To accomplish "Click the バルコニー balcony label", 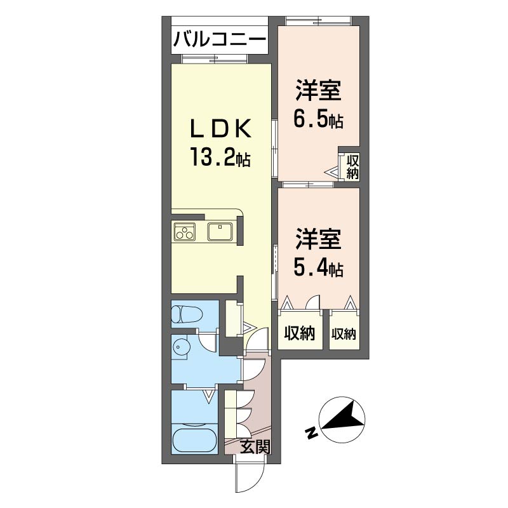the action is [x=220, y=41].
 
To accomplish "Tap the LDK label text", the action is [x=220, y=129].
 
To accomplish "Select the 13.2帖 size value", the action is [x=220, y=157].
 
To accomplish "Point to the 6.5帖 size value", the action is [x=318, y=119].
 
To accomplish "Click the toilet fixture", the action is [x=187, y=314].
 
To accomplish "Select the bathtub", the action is [x=194, y=440].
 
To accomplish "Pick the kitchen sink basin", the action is [x=220, y=232].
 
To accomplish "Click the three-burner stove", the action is [x=185, y=232].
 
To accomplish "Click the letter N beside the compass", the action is [x=311, y=433].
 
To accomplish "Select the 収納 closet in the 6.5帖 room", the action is [x=352, y=167].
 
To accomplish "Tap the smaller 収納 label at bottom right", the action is [x=344, y=334].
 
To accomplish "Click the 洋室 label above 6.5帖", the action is [x=318, y=91].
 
